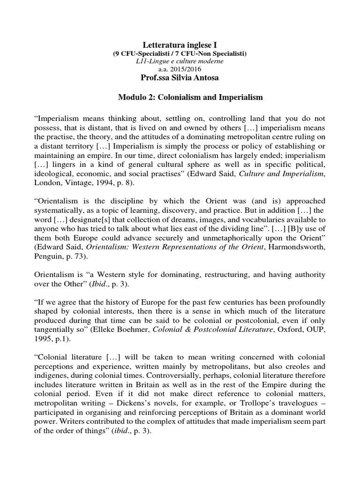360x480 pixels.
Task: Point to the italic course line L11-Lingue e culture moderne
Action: pyautogui.click(x=180, y=61)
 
